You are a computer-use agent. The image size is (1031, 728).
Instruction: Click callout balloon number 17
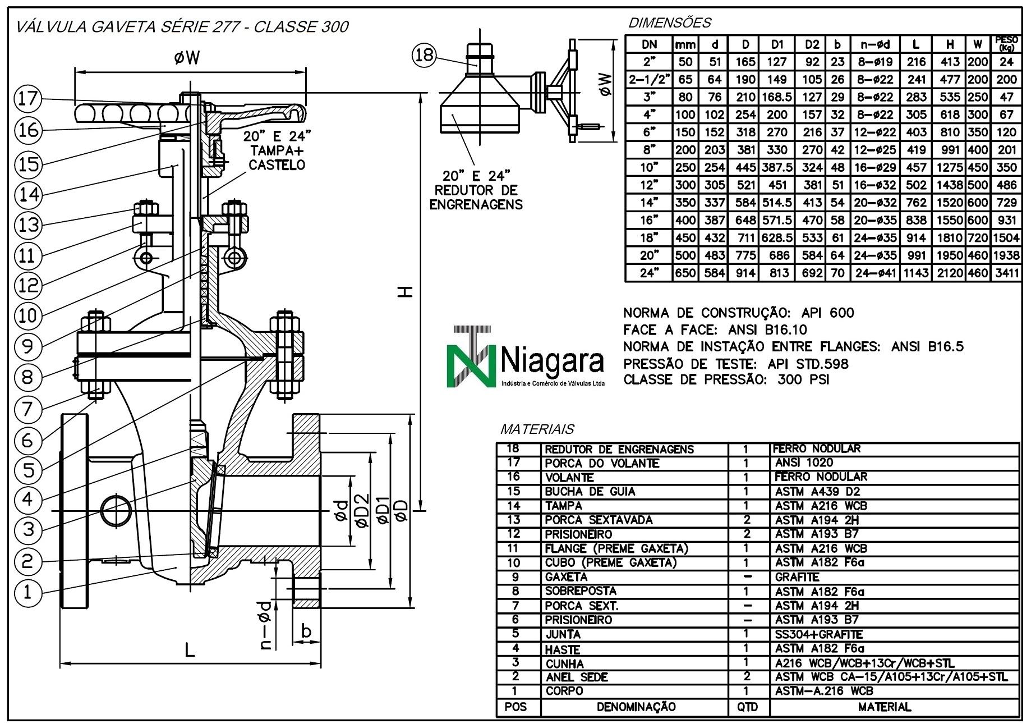(x=27, y=99)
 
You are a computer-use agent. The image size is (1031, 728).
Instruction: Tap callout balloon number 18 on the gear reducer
(x=425, y=54)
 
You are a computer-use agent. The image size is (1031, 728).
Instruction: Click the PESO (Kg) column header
(x=1006, y=43)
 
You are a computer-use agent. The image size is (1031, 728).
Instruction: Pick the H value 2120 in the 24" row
(x=949, y=273)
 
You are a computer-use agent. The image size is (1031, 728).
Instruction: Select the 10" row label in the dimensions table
(x=649, y=167)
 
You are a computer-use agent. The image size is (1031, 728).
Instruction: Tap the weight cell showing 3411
(x=1006, y=273)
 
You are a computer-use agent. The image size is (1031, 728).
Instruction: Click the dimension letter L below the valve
(x=190, y=650)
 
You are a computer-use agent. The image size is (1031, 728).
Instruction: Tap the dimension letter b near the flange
(x=306, y=631)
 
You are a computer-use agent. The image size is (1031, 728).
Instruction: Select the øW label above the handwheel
(x=187, y=57)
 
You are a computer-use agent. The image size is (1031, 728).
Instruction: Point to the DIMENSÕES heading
(x=670, y=23)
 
